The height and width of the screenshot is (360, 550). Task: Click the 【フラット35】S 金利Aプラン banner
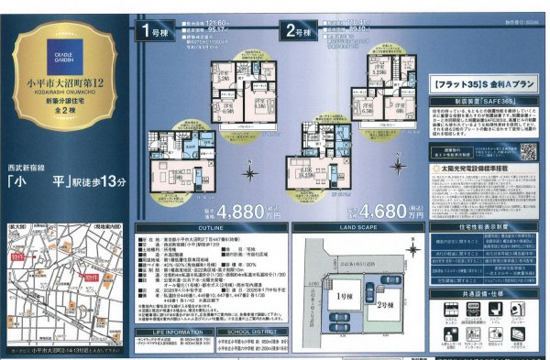tap(481, 82)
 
